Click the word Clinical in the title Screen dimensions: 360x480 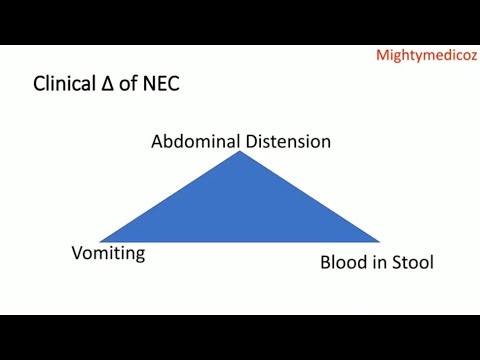[x=66, y=86]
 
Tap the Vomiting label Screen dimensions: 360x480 [x=108, y=253]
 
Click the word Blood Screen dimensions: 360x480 [x=343, y=263]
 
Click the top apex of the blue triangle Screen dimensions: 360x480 [x=241, y=152]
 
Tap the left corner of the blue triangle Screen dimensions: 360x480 [x=102, y=241]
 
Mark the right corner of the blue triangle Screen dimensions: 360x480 [x=380, y=241]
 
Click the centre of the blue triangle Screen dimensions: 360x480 [x=241, y=210]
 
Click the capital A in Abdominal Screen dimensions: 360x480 [x=157, y=141]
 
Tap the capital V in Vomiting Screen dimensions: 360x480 [x=76, y=253]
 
